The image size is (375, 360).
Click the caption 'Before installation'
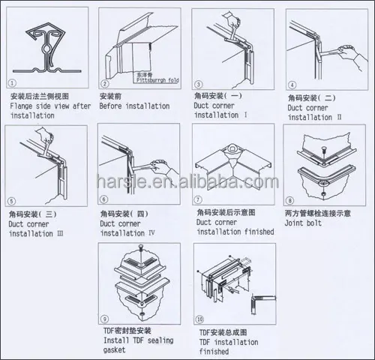pyautogui.click(x=134, y=107)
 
